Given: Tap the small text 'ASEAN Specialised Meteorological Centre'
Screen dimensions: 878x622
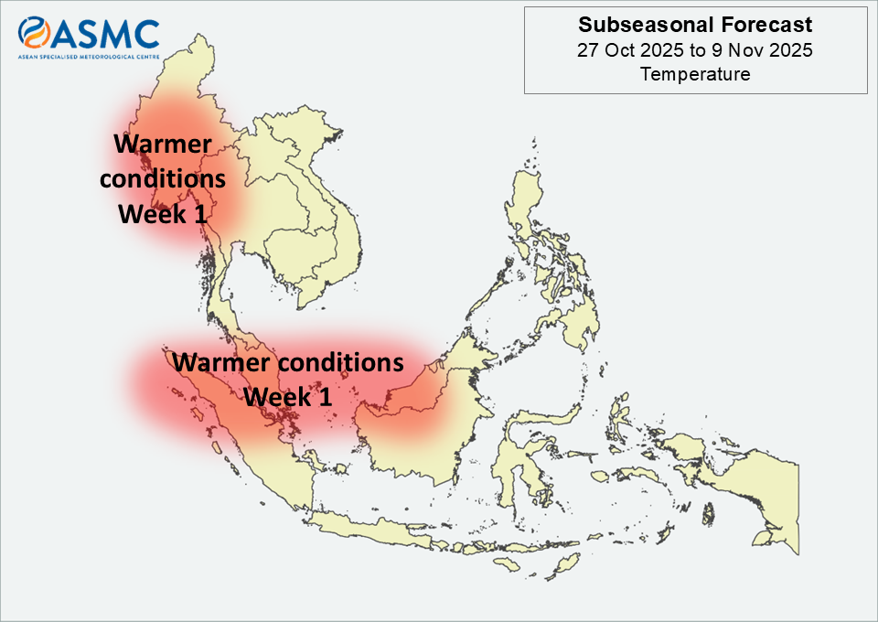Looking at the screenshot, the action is click(89, 57).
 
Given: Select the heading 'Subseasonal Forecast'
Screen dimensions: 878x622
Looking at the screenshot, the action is click(695, 25).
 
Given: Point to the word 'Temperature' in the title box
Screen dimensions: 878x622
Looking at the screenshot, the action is click(695, 74).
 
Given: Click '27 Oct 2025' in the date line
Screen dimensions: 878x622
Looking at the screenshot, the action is click(630, 49).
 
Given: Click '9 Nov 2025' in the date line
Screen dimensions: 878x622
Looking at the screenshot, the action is click(762, 49).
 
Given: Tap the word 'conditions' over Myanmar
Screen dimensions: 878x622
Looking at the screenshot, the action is click(163, 179).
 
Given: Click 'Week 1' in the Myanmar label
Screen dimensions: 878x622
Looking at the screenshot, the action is click(163, 214).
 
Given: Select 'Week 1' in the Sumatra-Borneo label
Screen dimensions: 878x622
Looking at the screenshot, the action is click(288, 396).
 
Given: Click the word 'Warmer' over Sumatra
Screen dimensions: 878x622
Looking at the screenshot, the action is click(220, 362).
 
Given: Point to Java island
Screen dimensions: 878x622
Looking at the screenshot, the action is click(369, 529).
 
